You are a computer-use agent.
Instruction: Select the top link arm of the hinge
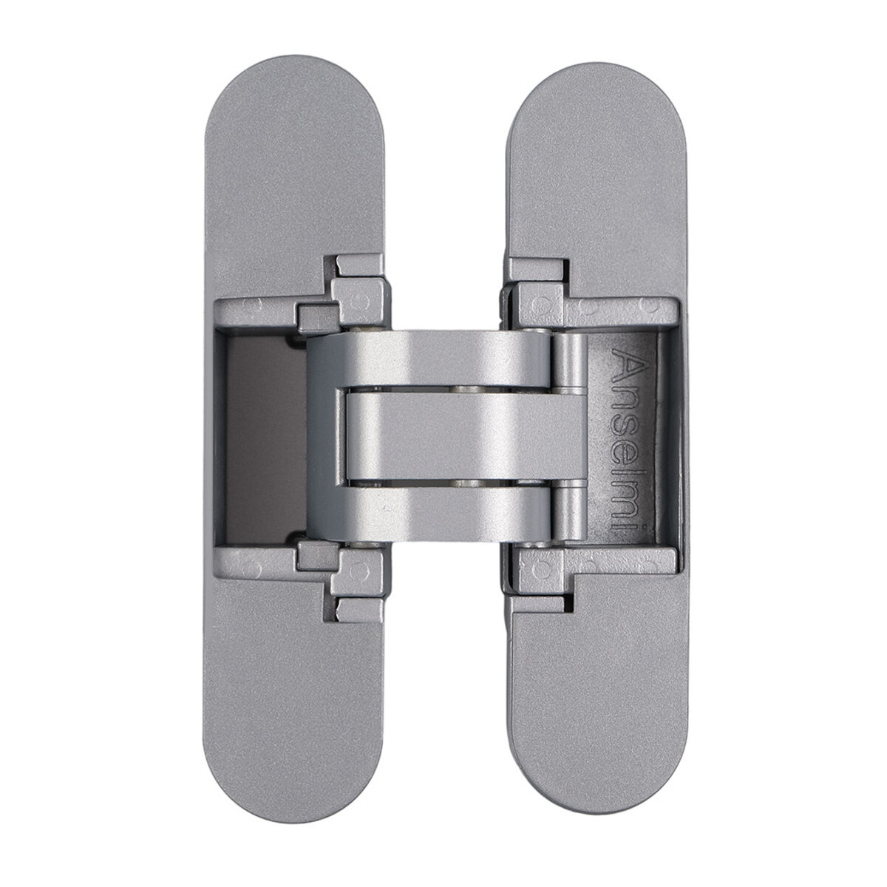click(429, 359)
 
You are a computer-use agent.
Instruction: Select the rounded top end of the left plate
click(293, 115)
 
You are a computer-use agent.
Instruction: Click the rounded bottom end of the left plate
click(293, 764)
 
